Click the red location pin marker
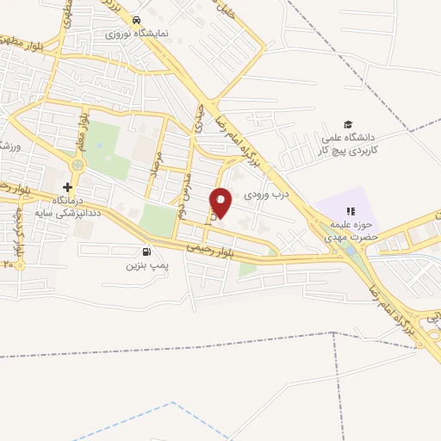click(x=221, y=203)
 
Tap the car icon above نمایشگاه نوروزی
click(x=137, y=21)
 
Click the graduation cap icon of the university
click(x=348, y=124)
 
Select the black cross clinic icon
click(x=67, y=187)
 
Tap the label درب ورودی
click(x=263, y=196)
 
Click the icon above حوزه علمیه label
click(x=350, y=211)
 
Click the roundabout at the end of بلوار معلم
click(x=78, y=165)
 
